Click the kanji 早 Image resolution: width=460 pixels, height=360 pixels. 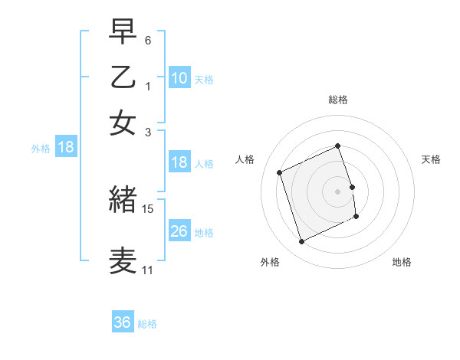click(123, 33)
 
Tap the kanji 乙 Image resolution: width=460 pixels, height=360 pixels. click(123, 77)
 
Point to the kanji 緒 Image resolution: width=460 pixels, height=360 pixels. click(123, 200)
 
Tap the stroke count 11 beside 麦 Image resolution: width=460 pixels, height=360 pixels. click(147, 270)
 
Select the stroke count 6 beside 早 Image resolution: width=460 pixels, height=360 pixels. click(148, 40)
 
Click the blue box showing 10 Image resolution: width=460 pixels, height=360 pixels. click(179, 77)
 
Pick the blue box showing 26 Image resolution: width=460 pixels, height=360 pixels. click(179, 231)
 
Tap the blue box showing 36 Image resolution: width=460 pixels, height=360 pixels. click(123, 322)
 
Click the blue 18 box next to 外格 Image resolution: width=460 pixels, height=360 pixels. click(66, 148)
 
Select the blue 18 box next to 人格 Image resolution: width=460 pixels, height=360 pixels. click(179, 162)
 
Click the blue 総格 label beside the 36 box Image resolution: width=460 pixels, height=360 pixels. click(147, 324)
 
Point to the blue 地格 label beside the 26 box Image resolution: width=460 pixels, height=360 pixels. click(204, 232)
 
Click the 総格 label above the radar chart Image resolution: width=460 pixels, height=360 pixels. click(338, 100)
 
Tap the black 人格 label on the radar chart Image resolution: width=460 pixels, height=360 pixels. click(245, 159)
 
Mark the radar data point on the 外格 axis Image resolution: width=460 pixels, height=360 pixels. click(301, 242)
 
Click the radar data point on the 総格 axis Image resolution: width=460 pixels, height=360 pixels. click(338, 146)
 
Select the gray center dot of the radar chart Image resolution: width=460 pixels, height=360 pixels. click(338, 191)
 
